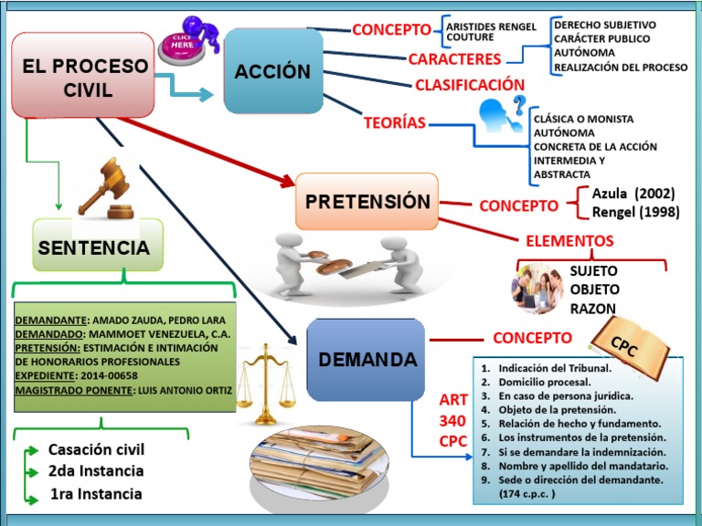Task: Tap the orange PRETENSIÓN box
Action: (x=367, y=201)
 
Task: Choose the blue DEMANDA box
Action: (x=367, y=360)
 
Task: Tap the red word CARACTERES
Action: (x=454, y=59)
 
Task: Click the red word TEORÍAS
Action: (x=395, y=123)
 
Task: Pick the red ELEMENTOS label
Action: (x=569, y=241)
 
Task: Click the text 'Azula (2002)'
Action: (x=633, y=194)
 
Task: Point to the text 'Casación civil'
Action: (x=96, y=449)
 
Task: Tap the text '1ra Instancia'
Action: (x=96, y=494)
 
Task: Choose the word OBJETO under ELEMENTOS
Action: (x=593, y=289)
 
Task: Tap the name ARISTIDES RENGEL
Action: (x=491, y=26)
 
